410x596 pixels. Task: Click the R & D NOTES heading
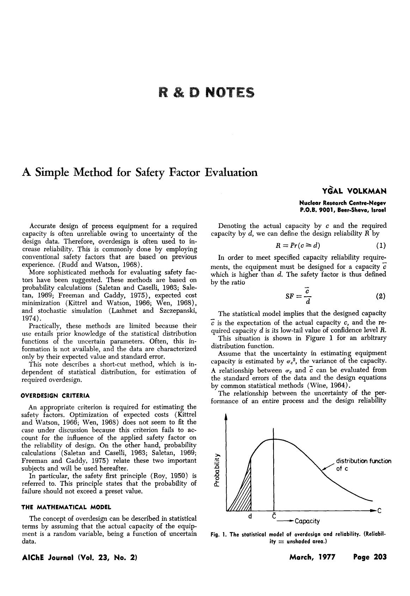point(206,92)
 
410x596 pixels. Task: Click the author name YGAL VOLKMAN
point(354,191)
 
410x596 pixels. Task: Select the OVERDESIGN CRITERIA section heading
point(56,395)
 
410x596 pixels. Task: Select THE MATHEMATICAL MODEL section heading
point(66,507)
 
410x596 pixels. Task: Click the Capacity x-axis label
point(307,521)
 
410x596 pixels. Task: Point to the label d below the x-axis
point(250,516)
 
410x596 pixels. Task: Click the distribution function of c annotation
point(363,465)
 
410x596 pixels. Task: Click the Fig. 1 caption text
point(298,537)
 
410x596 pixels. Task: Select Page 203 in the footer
point(369,557)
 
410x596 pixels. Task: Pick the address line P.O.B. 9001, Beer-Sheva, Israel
point(343,210)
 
